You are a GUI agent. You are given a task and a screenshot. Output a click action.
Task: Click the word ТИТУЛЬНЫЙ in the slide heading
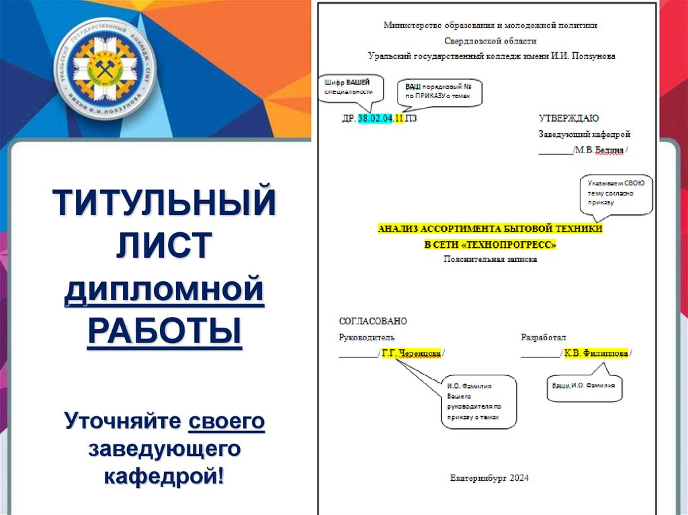pos(165,203)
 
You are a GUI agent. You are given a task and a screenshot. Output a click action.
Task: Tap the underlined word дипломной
pos(165,291)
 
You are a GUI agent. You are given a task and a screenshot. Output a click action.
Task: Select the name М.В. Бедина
pos(599,150)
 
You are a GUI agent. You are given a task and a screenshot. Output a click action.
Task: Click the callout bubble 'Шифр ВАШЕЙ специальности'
pos(348,87)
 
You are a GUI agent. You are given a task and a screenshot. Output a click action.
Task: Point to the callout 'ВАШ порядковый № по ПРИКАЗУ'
pos(442,92)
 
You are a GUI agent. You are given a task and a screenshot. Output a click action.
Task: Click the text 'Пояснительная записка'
pos(490,259)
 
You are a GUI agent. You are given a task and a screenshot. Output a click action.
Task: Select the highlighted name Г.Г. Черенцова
pos(411,353)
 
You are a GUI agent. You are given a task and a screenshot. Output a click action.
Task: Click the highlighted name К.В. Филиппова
pos(596,353)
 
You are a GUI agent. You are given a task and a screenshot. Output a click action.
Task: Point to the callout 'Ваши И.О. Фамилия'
pos(583,387)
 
